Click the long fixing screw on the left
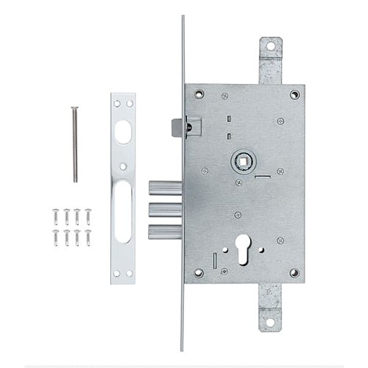74,144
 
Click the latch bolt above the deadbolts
177,127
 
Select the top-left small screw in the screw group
55,214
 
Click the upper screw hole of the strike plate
124,104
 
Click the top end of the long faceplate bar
183,18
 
